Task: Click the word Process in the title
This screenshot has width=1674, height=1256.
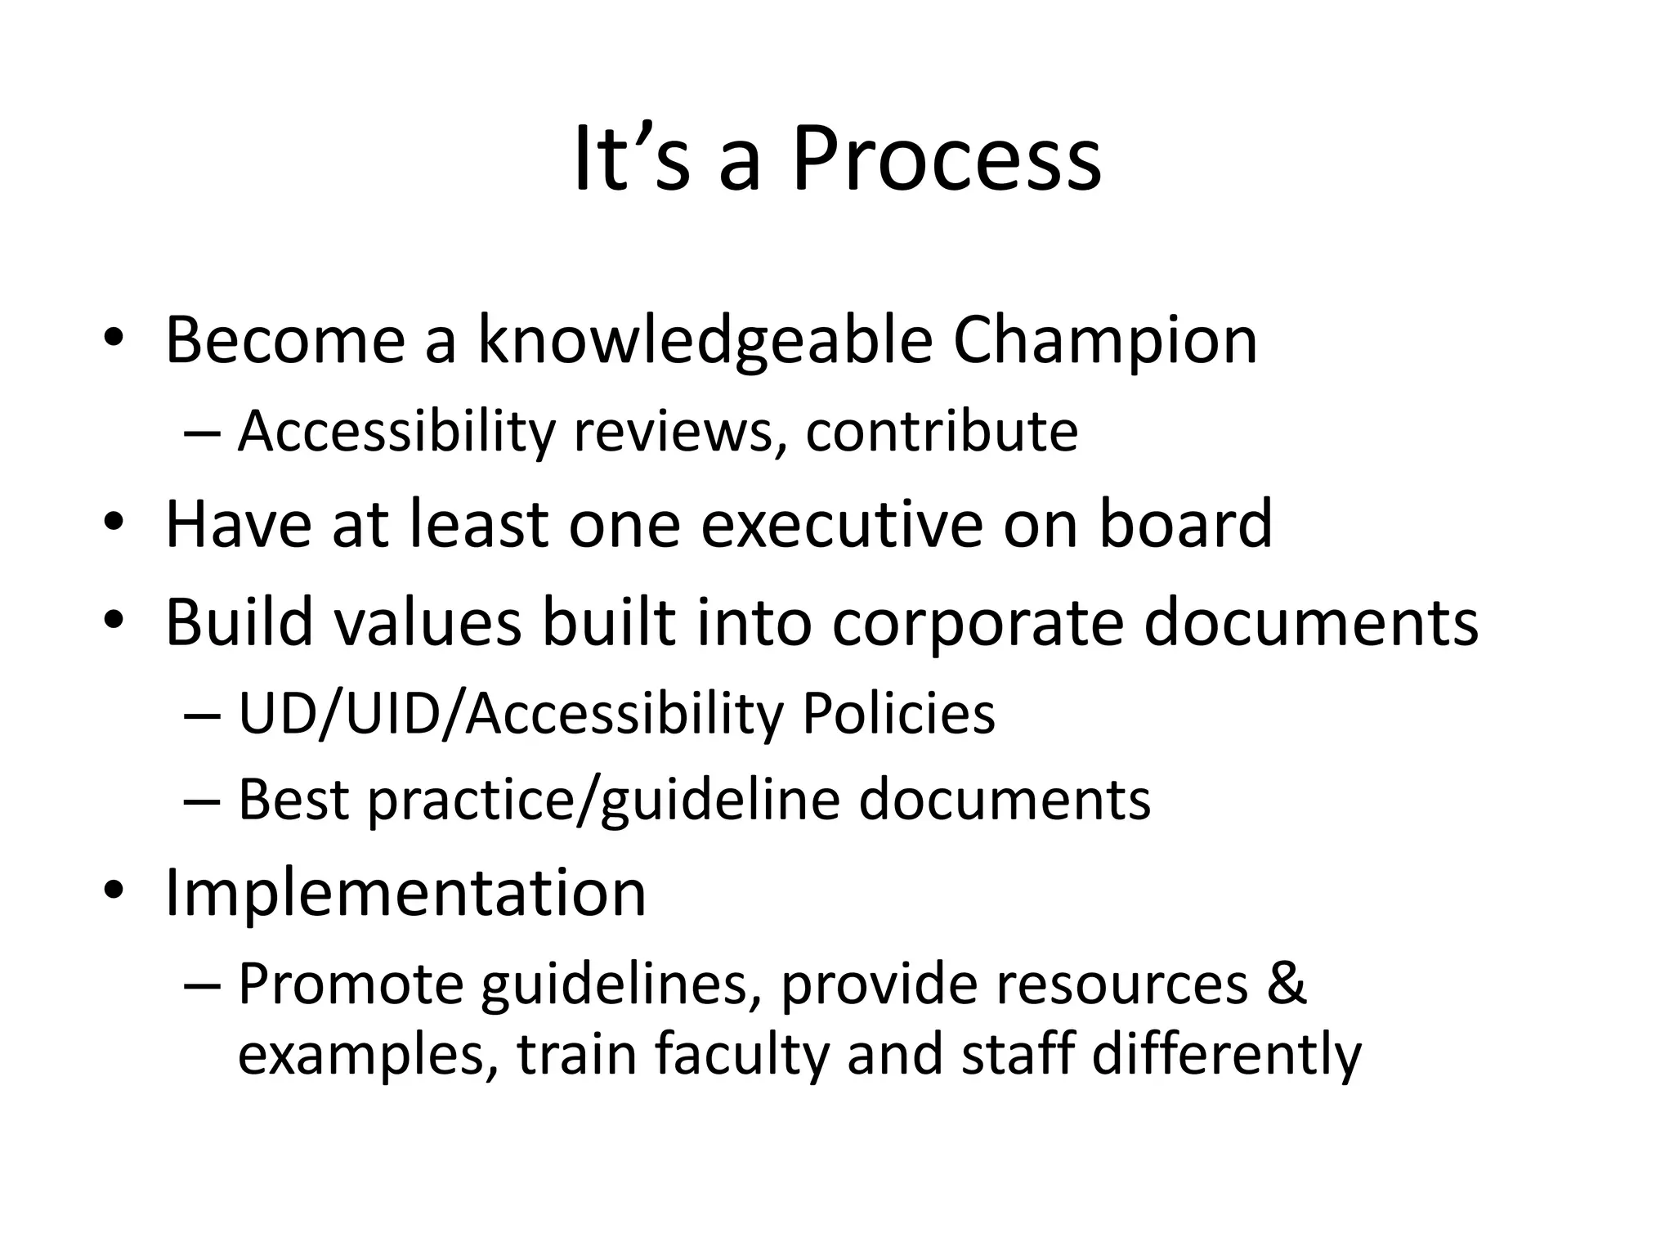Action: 947,159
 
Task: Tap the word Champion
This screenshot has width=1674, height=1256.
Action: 1104,340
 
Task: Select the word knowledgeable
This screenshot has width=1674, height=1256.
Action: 705,340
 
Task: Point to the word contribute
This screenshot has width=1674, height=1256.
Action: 942,431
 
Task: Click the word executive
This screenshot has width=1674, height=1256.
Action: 842,523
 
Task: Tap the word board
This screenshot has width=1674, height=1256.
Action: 1185,523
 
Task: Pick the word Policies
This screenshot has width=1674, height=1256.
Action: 898,714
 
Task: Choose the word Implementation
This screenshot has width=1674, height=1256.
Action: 405,892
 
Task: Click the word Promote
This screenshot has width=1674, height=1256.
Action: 351,983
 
